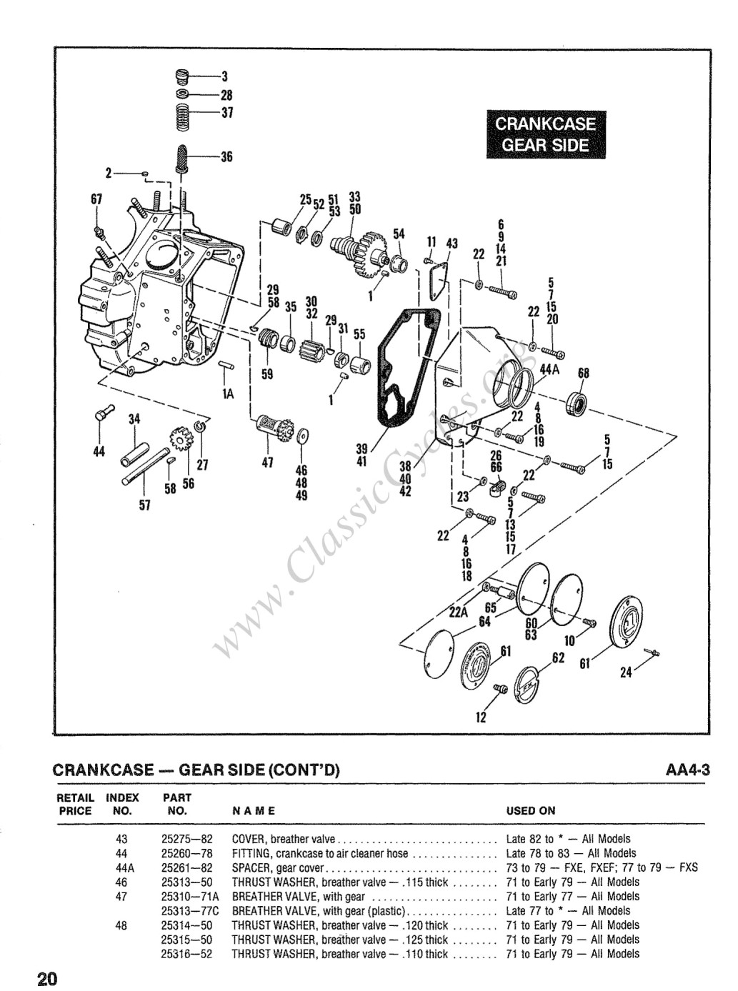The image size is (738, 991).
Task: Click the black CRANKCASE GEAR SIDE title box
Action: (546, 134)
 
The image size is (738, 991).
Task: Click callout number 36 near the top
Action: (226, 157)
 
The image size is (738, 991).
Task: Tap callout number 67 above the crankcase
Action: (97, 199)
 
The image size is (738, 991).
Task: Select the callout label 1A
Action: (228, 394)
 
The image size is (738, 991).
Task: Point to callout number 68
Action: (584, 373)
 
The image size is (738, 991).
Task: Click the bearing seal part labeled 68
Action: (579, 404)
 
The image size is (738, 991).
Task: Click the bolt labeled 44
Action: (104, 413)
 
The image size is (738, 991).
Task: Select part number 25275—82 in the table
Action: (187, 839)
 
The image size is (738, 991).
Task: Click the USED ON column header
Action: (531, 811)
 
